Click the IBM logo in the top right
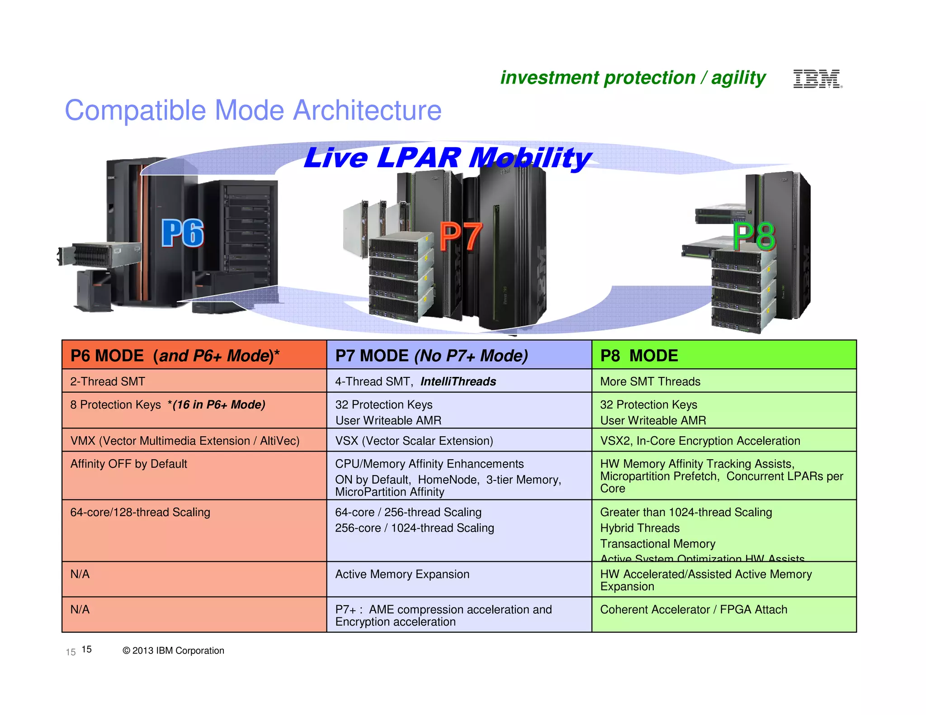pyautogui.click(x=817, y=79)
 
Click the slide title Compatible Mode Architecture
pyautogui.click(x=253, y=110)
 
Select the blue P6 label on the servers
pyautogui.click(x=183, y=233)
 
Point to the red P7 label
pyautogui.click(x=461, y=236)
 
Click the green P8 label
pyautogui.click(x=754, y=236)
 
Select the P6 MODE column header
pyautogui.click(x=175, y=356)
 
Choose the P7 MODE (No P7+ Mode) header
pyautogui.click(x=431, y=356)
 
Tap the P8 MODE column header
pyautogui.click(x=639, y=356)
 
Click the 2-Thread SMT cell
pyautogui.click(x=108, y=381)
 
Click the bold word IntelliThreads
pyautogui.click(x=458, y=381)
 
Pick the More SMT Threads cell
pyautogui.click(x=650, y=381)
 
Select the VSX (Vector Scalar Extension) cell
pyautogui.click(x=414, y=441)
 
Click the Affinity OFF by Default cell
pyautogui.click(x=128, y=464)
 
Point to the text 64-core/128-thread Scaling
pyautogui.click(x=140, y=512)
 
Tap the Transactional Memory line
pyautogui.click(x=657, y=544)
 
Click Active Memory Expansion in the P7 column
pyautogui.click(x=402, y=574)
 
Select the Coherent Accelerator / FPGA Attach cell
pyautogui.click(x=693, y=610)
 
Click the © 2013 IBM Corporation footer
pyautogui.click(x=173, y=650)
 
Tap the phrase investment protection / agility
pyautogui.click(x=633, y=78)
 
